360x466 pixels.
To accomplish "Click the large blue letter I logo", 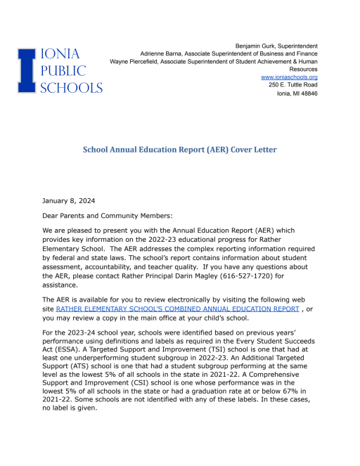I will [26, 70].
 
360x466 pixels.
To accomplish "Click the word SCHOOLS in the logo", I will [72, 87].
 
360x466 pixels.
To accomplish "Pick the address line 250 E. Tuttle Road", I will [292, 85].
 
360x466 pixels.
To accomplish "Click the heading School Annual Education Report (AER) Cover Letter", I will [179, 150].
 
